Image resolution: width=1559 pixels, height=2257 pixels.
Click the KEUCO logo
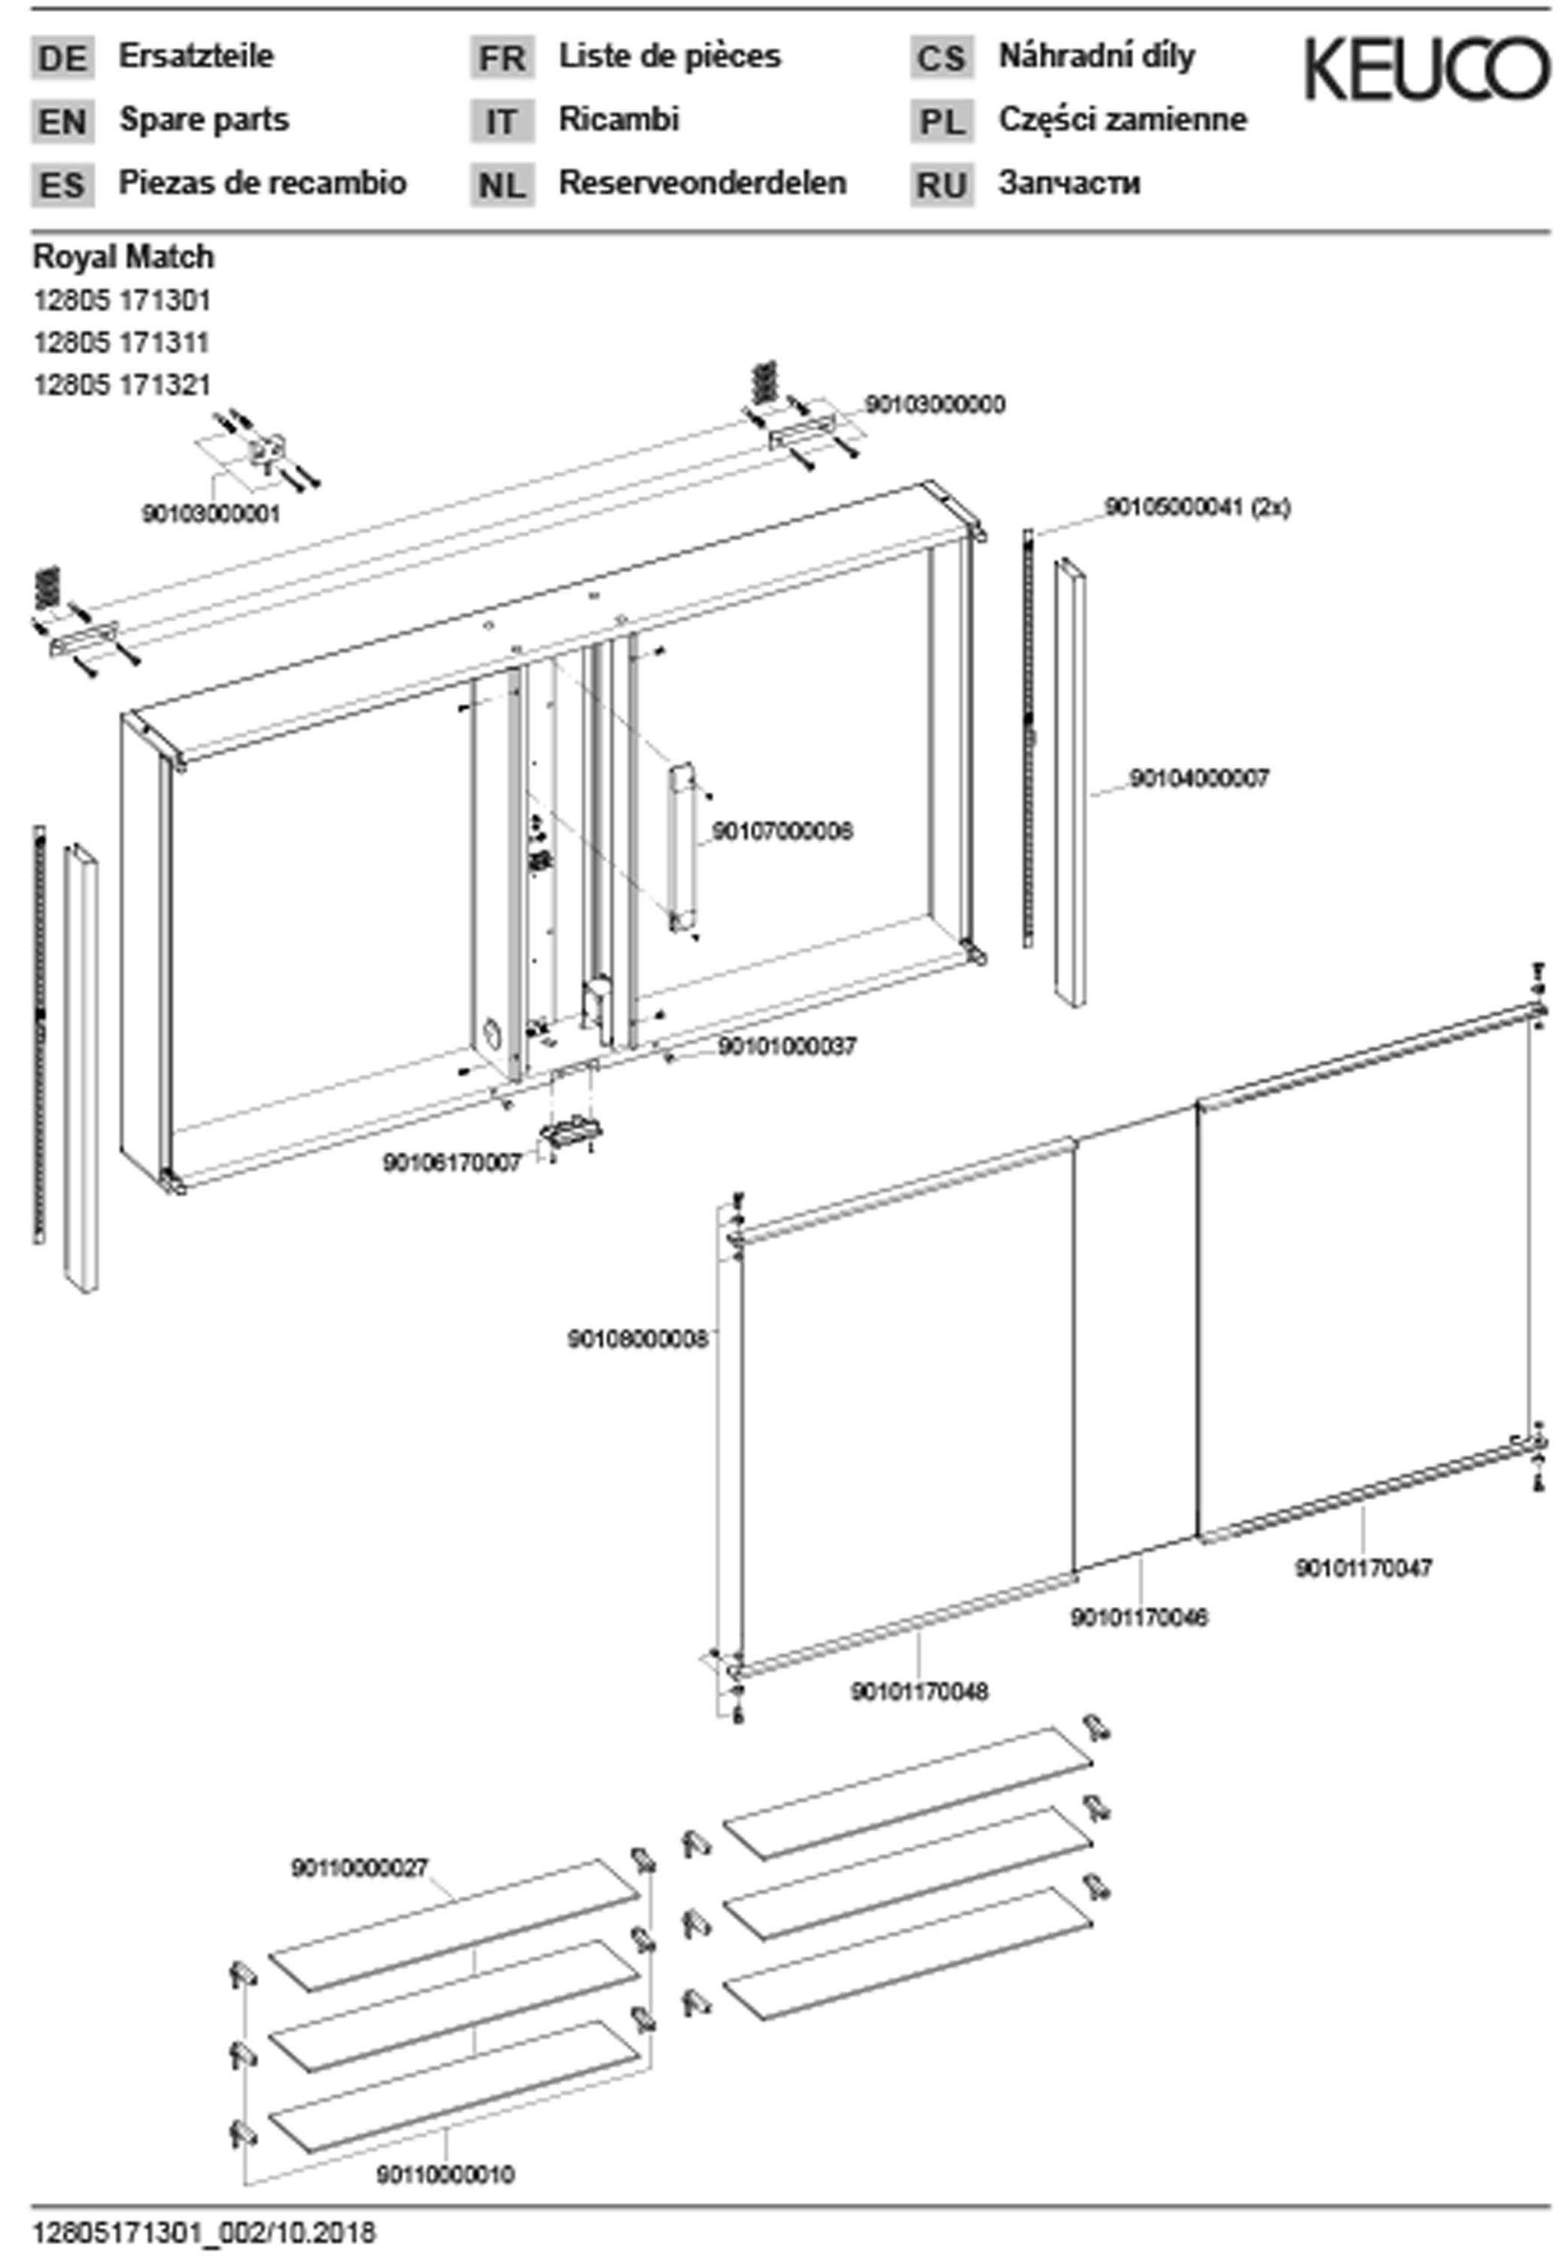coord(1426,68)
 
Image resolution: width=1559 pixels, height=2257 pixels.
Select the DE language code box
coord(62,58)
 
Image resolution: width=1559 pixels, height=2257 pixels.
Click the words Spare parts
coord(204,120)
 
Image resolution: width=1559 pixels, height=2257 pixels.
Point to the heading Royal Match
coord(123,257)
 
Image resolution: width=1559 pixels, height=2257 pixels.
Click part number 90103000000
coord(934,404)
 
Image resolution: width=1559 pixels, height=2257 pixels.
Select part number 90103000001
coord(211,514)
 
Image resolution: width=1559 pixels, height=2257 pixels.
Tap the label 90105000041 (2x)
coord(1196,508)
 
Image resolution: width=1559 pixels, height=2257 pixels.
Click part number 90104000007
coord(1199,779)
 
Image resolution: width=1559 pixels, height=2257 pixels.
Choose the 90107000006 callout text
coord(782,831)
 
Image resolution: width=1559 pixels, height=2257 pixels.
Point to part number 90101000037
coord(787,1046)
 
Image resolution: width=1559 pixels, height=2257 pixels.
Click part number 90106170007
coord(452,1163)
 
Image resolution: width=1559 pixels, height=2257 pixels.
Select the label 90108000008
coord(637,1340)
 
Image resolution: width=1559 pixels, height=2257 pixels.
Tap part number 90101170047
coord(1363,1569)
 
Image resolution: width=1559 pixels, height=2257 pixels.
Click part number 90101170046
coord(1139,1618)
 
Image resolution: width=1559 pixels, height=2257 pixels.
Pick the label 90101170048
coord(919,1691)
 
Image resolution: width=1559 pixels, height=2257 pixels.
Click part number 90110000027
coord(360,1867)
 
